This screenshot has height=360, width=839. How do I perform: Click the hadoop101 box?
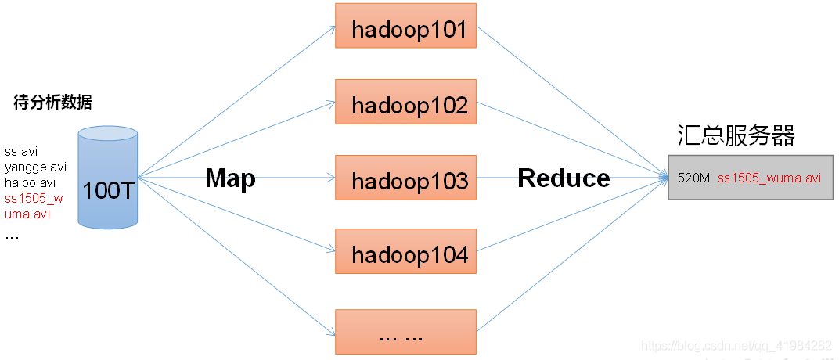click(405, 26)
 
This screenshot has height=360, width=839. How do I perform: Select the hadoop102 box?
click(405, 102)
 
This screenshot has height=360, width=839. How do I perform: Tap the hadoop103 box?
click(405, 178)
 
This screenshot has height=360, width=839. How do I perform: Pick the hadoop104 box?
click(405, 251)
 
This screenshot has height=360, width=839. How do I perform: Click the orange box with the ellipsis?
click(405, 332)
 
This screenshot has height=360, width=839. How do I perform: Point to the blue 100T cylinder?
click(107, 178)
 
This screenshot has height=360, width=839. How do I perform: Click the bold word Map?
click(231, 178)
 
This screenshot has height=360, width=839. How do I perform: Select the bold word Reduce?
click(564, 178)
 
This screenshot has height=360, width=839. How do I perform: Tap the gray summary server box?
click(751, 178)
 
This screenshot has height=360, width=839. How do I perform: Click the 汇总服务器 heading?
click(736, 136)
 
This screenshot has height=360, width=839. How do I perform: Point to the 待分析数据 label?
click(52, 103)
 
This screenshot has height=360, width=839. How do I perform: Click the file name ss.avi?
click(21, 152)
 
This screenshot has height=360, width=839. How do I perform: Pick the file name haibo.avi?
click(30, 182)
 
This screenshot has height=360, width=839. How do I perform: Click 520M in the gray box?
click(693, 178)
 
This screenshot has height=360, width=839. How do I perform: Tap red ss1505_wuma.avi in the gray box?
click(769, 178)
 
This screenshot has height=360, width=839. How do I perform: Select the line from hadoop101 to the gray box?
click(572, 102)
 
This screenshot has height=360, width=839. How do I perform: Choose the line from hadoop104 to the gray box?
click(572, 214)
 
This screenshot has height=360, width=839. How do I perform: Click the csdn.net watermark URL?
click(736, 345)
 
